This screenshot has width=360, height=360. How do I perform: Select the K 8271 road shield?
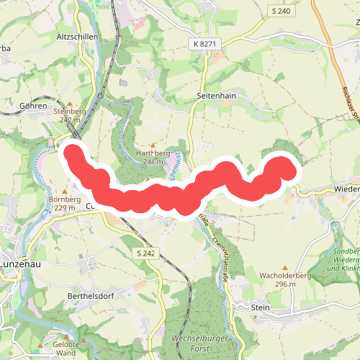click(x=205, y=45)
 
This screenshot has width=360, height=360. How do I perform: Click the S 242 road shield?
click(x=145, y=253)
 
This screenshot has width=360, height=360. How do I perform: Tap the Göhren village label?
click(x=35, y=105)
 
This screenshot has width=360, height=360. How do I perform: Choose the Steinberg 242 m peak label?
click(x=69, y=116)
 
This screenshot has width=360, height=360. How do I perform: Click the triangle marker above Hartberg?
click(x=153, y=144)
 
